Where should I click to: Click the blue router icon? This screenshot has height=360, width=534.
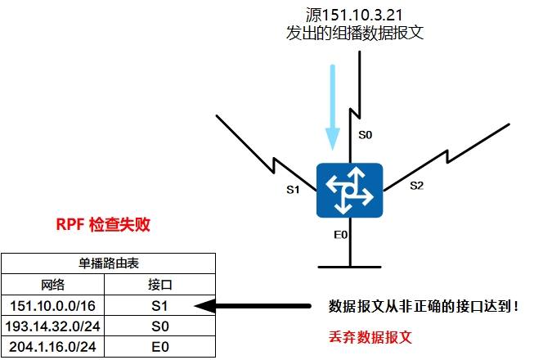(x=350, y=190)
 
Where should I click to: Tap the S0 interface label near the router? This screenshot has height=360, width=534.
(x=366, y=136)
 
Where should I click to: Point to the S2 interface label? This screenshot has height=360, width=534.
(x=416, y=186)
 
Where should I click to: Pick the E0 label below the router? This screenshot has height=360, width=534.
(x=341, y=234)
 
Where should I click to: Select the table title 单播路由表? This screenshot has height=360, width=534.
(x=108, y=263)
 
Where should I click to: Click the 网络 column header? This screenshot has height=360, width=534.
(x=53, y=285)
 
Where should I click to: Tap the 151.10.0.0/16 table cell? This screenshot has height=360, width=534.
(x=53, y=306)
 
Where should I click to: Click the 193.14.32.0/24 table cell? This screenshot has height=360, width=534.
(x=53, y=326)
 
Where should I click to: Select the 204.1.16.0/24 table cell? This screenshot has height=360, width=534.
(x=53, y=347)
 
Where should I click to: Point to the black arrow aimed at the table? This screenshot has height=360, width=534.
(x=254, y=307)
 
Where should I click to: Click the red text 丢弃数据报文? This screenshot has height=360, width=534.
(x=366, y=336)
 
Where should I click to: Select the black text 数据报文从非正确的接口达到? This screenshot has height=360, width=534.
(x=422, y=307)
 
